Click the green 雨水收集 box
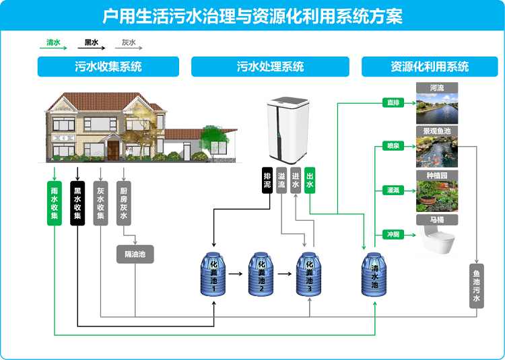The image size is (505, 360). tap(55, 202)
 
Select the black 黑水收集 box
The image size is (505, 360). tap(77, 202)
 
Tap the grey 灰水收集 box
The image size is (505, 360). tap(100, 202)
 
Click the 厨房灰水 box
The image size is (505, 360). tap(123, 202)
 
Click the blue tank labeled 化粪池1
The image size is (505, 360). tap(214, 275)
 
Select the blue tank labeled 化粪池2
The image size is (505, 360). tap(261, 275)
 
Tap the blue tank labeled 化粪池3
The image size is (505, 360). tap(309, 275)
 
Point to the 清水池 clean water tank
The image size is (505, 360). tap(374, 275)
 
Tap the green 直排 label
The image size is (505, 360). tap(393, 103)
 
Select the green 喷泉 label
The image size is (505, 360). tap(393, 145)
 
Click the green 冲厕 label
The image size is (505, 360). tap(393, 234)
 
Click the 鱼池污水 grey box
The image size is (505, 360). tap(477, 285)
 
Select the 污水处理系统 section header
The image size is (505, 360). tap(270, 67)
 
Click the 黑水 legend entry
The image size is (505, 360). tap(92, 43)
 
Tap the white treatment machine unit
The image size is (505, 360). tap(288, 131)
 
